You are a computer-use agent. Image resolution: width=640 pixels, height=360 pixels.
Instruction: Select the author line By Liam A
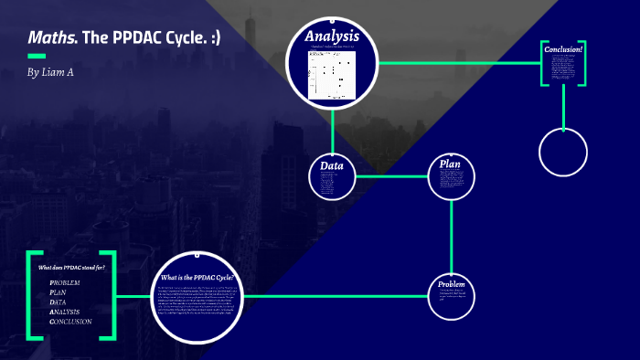50,72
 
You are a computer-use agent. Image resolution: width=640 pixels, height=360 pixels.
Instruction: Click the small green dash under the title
37,57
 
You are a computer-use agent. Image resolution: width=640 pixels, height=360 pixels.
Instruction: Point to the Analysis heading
332,37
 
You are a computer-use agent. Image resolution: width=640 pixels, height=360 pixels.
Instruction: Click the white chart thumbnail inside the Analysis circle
332,73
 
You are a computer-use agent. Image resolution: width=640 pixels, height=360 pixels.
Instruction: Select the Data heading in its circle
331,165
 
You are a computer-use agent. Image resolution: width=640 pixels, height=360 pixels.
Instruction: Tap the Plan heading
451,164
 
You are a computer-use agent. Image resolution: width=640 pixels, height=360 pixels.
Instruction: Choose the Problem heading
452,284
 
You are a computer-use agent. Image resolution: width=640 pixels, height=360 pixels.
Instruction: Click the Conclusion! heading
563,49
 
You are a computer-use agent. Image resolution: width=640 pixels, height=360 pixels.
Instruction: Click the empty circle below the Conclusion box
562,152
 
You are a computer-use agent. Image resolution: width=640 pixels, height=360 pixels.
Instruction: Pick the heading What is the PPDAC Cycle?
197,277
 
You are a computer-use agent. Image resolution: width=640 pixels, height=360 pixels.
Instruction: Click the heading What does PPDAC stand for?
71,267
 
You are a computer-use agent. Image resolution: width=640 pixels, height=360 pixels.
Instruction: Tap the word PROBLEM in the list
65,283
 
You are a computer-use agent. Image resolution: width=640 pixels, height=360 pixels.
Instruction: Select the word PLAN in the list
58,292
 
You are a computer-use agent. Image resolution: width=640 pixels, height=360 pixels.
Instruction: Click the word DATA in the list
58,302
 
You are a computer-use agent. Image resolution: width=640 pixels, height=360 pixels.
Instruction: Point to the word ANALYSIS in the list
64,312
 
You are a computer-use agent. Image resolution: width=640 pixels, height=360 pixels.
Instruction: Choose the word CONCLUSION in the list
70,322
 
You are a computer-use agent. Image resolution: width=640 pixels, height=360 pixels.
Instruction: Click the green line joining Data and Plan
390,175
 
